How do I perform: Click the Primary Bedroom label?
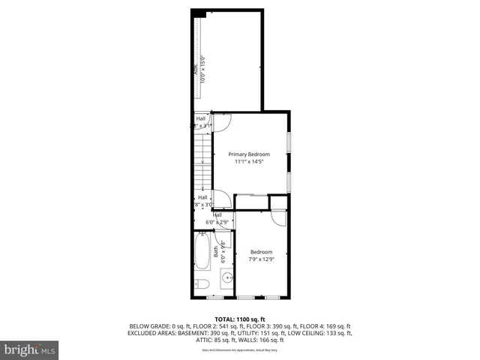[248, 154]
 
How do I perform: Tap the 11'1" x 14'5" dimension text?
[248, 161]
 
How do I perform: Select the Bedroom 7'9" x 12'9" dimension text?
[261, 259]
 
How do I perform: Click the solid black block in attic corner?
[198, 13]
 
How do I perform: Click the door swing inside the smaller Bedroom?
[278, 218]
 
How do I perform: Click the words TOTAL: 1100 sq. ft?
[239, 318]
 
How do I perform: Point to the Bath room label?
[216, 253]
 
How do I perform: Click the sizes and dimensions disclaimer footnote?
[239, 349]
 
